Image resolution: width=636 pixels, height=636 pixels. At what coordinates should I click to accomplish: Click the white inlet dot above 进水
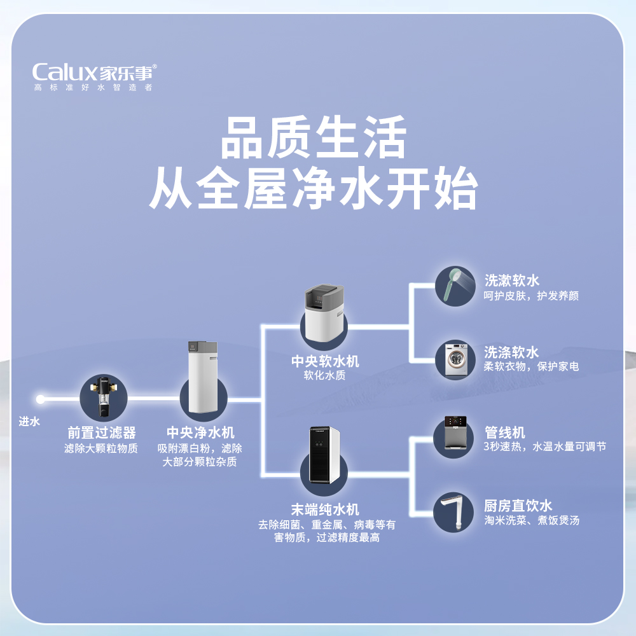coord(41,399)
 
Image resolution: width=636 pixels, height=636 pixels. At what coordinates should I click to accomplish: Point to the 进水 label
coord(30,421)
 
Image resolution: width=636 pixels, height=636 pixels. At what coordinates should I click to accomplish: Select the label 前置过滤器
coord(102,433)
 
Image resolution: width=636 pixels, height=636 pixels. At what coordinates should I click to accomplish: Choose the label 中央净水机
coord(200,433)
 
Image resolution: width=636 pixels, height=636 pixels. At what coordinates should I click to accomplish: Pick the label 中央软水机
coord(325,361)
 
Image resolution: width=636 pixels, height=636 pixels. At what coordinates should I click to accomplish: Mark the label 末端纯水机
coord(325,509)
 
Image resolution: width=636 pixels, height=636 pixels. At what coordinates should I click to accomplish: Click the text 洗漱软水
coord(511,280)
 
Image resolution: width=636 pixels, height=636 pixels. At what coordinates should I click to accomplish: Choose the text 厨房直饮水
coord(518,506)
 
